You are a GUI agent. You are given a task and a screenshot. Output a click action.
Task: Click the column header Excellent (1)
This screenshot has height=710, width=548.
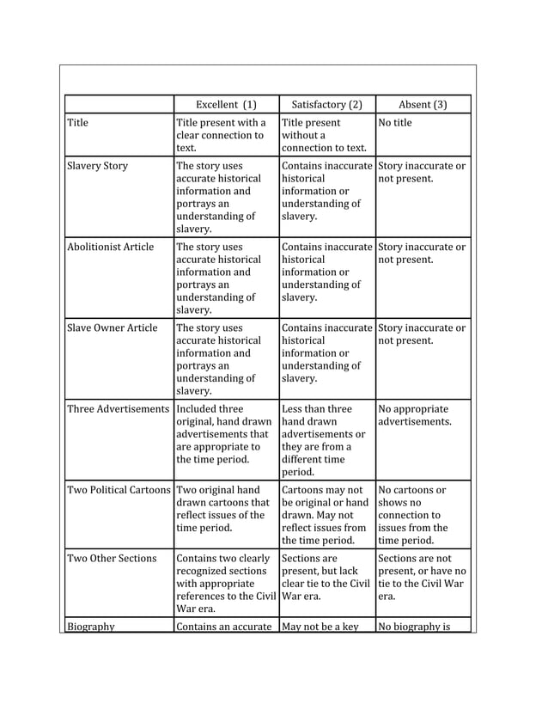click(226, 105)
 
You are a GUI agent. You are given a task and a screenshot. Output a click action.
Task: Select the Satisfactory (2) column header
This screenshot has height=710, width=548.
click(326, 105)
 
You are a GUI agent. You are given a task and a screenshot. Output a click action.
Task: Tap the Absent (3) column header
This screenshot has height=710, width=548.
click(422, 105)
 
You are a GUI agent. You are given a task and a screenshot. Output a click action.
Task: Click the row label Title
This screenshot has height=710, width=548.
click(78, 123)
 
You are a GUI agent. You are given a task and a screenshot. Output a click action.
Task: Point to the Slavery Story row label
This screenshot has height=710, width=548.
click(97, 166)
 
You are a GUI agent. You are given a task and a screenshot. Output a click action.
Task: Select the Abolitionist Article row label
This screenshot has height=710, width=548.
click(110, 247)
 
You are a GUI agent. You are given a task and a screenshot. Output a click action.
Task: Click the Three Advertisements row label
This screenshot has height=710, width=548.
click(118, 408)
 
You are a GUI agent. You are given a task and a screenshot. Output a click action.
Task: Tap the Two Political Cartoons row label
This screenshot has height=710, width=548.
click(119, 489)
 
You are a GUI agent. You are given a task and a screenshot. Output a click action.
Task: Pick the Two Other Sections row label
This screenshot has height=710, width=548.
click(112, 558)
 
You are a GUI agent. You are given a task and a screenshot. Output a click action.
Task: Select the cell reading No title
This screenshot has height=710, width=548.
click(395, 123)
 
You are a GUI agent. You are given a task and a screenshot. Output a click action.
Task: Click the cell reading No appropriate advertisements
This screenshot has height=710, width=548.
click(414, 415)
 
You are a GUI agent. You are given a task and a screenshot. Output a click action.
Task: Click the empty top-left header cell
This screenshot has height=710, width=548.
click(119, 105)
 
